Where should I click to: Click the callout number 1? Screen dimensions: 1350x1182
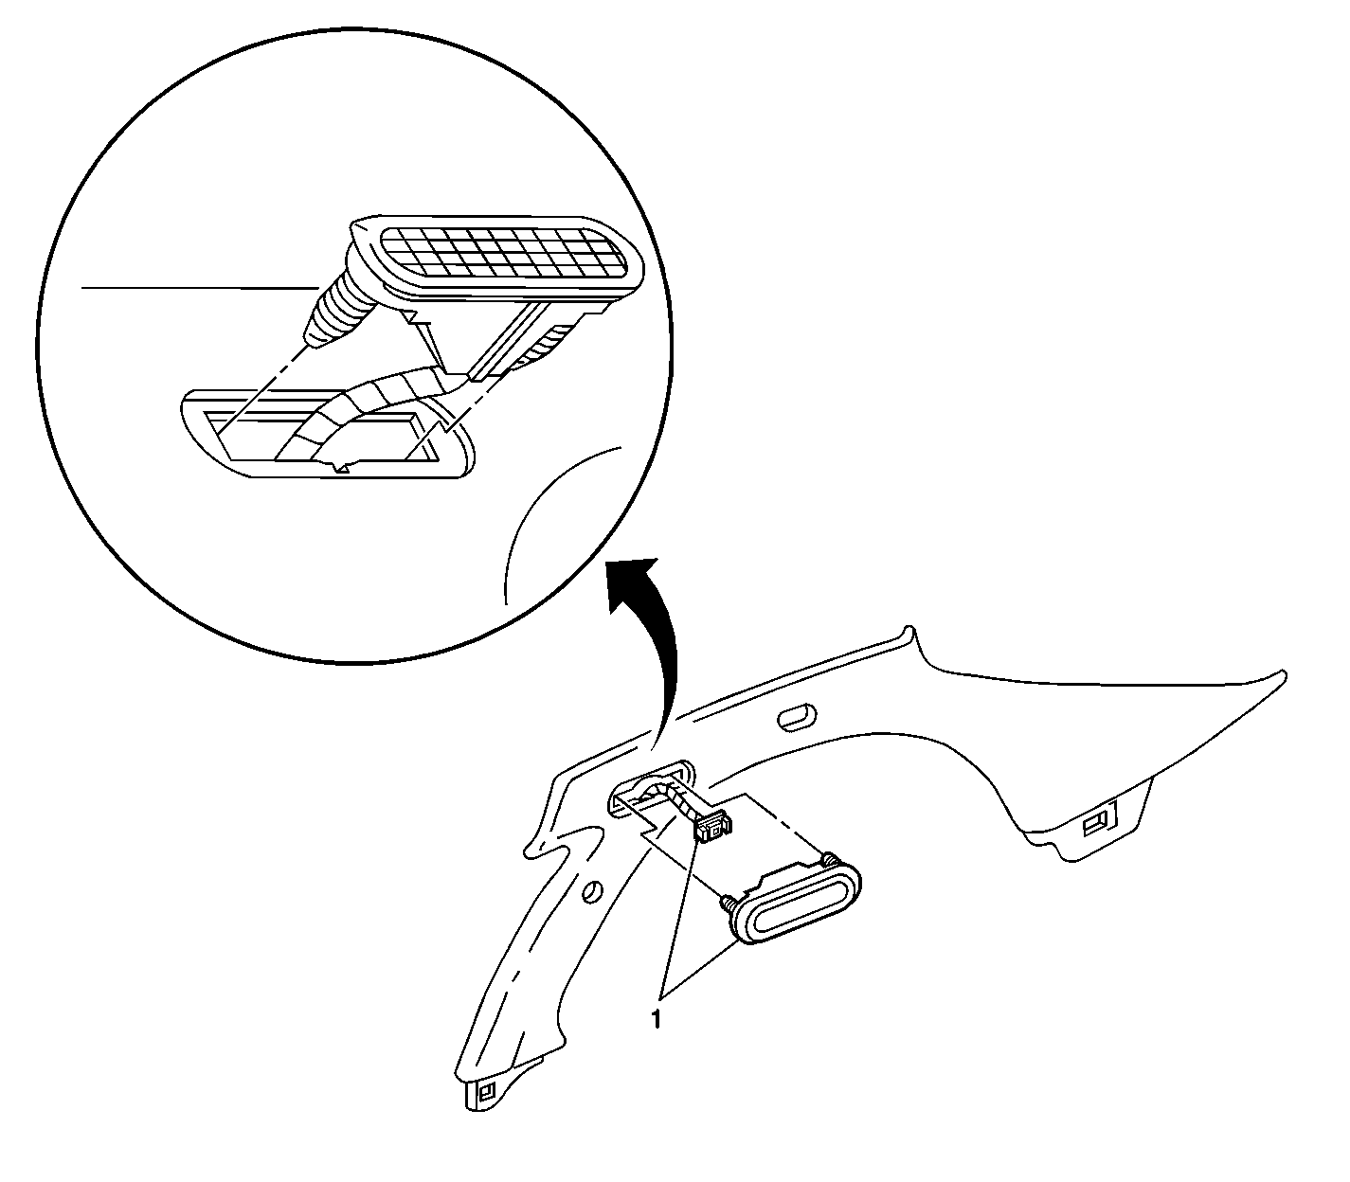656,1020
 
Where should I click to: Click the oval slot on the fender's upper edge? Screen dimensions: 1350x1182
797,718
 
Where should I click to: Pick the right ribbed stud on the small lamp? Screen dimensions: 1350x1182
829,859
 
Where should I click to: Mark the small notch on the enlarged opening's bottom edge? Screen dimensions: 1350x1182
342,466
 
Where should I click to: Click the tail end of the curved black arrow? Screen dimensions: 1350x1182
655,749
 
